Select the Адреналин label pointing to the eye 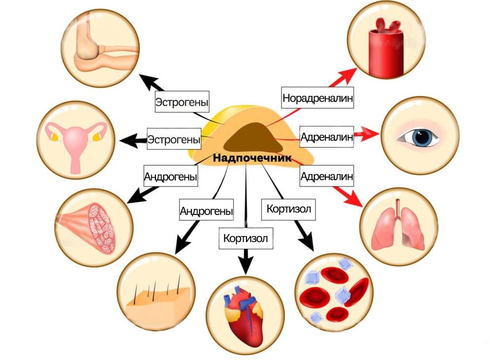click(327, 137)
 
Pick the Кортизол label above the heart click(245, 239)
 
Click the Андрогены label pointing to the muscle click(171, 176)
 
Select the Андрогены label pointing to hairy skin click(206, 211)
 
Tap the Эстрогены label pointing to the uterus click(175, 139)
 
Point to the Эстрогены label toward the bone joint click(182, 103)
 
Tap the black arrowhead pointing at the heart click(245, 266)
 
